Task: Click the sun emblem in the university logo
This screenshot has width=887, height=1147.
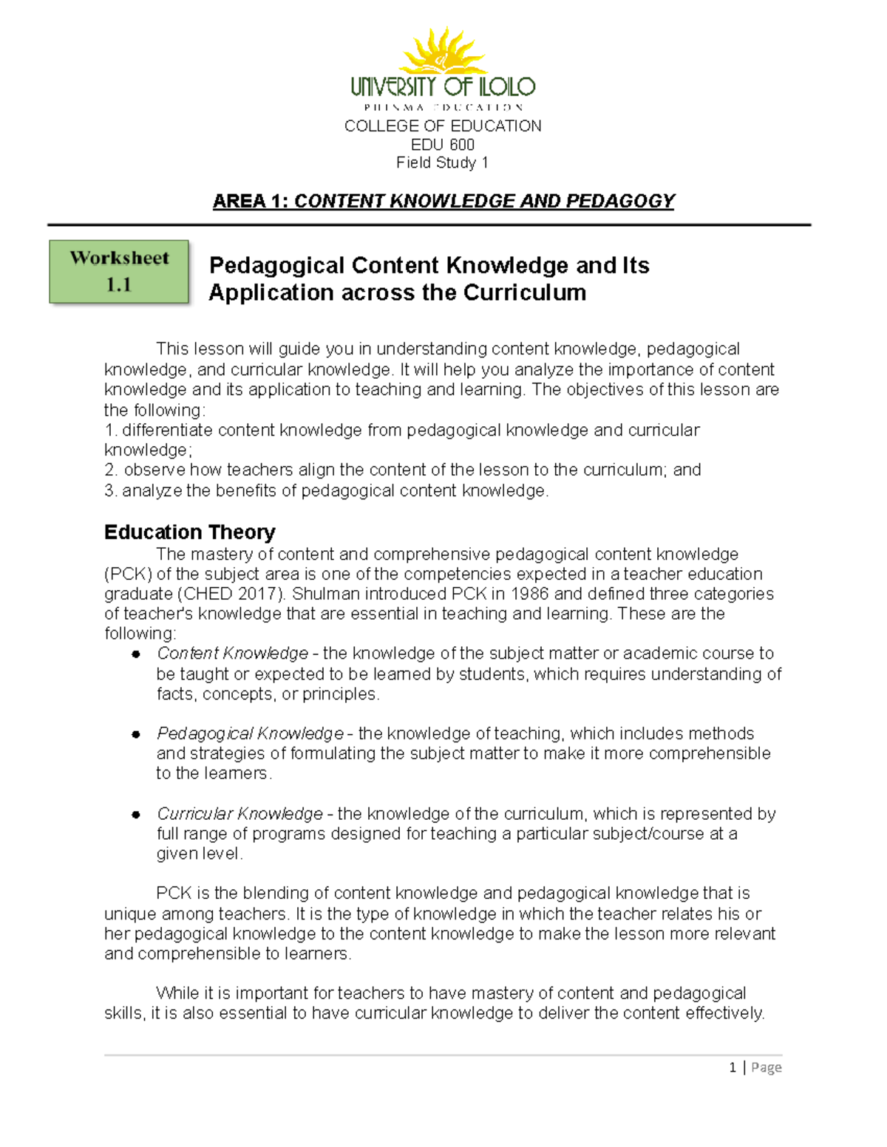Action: [x=442, y=52]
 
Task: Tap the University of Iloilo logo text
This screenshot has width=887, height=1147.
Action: [x=443, y=87]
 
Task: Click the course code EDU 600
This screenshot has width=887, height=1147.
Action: [x=443, y=145]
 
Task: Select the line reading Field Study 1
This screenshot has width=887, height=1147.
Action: [x=442, y=162]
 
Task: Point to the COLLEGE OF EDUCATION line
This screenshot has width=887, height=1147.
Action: [x=443, y=126]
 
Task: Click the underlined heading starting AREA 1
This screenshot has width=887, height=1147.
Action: [x=443, y=201]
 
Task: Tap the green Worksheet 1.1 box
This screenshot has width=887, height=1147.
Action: [x=119, y=271]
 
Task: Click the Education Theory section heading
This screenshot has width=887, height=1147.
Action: [x=189, y=532]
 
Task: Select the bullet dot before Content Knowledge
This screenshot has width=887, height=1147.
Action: [x=136, y=654]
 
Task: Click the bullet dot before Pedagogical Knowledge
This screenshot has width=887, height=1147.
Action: [x=136, y=734]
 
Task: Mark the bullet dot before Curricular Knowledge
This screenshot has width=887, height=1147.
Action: [x=136, y=815]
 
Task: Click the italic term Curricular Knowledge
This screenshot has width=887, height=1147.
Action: [x=239, y=814]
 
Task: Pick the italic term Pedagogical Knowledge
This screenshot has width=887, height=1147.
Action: [x=250, y=733]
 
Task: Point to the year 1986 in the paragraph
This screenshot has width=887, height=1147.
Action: [x=530, y=594]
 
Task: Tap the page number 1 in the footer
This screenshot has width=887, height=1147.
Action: [x=733, y=1067]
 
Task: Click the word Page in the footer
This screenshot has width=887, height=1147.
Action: [x=767, y=1067]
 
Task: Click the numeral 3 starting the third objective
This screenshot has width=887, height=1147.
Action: [x=109, y=490]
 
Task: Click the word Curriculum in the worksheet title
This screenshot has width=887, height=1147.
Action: [x=525, y=292]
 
